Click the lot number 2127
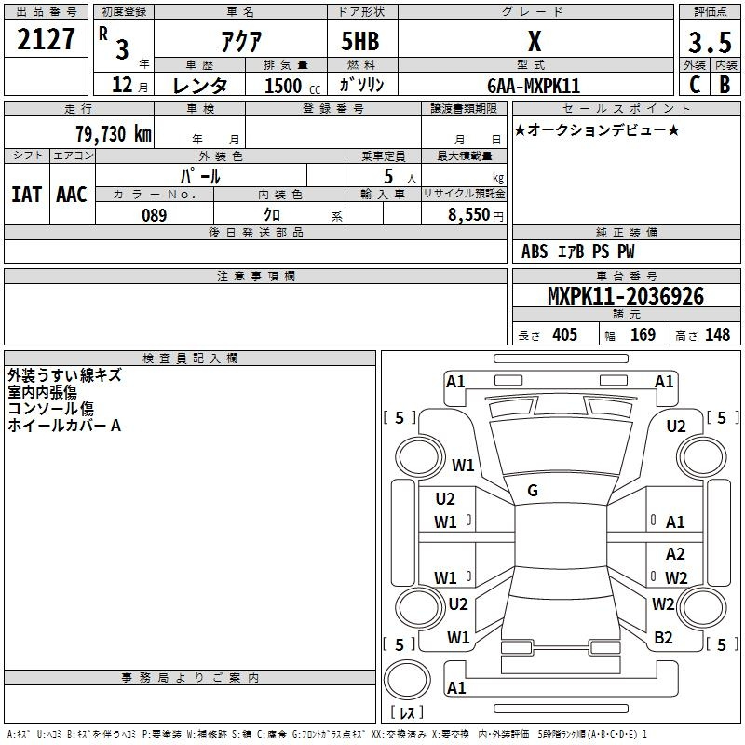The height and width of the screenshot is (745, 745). coord(47,42)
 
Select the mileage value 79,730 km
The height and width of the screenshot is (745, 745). coord(114,134)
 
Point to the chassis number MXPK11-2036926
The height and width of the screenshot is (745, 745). coord(626,297)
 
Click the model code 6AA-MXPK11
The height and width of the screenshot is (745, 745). coord(534,85)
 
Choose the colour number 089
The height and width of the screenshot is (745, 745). coord(154,215)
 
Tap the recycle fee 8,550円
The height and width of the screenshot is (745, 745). coord(475,215)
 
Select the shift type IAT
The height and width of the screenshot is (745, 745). coord(26,195)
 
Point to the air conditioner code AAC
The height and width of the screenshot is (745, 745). coord(71,195)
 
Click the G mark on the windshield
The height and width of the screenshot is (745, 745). coord(532,491)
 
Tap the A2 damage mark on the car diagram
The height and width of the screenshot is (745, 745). coord(675,554)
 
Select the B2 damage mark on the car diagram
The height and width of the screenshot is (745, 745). coord(664,638)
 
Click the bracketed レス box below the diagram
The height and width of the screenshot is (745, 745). coord(407,713)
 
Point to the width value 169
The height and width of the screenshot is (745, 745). coord(643,335)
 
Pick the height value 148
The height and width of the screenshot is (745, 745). coord(717,335)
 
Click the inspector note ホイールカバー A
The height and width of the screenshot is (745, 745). coord(64,426)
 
